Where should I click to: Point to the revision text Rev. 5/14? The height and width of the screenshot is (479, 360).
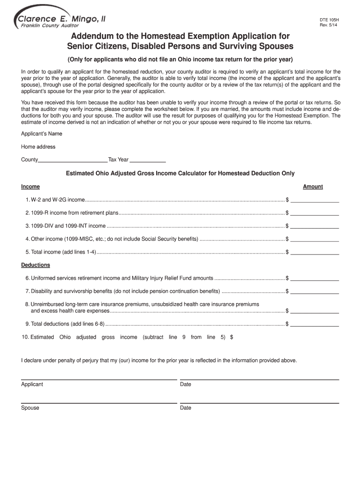[x=329, y=26]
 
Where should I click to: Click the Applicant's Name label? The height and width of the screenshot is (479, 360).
[x=42, y=134]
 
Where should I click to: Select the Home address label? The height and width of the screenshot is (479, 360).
[x=38, y=147]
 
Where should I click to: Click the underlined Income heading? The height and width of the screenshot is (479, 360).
[x=30, y=187]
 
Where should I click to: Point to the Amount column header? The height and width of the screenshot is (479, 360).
[x=313, y=187]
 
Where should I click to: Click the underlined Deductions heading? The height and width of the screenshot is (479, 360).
[x=36, y=265]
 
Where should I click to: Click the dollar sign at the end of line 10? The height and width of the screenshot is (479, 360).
[x=231, y=337]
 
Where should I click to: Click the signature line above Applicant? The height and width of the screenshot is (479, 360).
[x=99, y=379]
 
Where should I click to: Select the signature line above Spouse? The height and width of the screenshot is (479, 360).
[x=99, y=402]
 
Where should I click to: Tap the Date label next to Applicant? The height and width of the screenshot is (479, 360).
[x=186, y=385]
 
